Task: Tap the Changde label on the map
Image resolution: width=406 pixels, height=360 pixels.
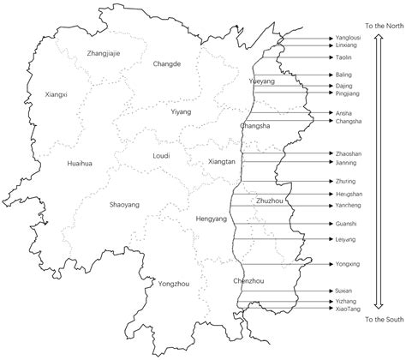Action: (x=167, y=63)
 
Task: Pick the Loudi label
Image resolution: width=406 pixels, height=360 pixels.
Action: (x=160, y=156)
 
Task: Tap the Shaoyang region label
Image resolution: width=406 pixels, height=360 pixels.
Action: (x=127, y=205)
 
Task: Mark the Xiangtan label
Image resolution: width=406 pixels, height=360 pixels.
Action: (x=221, y=161)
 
